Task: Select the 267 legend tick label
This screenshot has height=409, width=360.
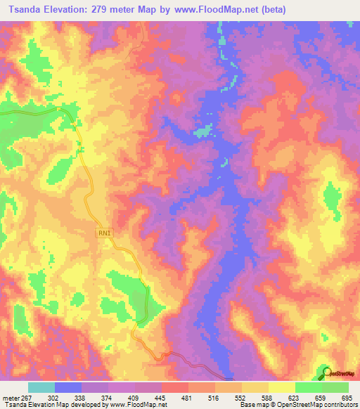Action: click(26, 397)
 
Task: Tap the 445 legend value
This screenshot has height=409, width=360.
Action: click(160, 397)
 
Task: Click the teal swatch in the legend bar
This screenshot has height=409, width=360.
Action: click(41, 387)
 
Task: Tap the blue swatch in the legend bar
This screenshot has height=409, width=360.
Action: click(68, 387)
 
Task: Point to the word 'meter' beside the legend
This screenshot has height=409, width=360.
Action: click(11, 397)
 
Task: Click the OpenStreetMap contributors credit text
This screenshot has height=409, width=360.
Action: click(318, 405)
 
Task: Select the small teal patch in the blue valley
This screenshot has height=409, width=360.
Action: click(204, 131)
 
